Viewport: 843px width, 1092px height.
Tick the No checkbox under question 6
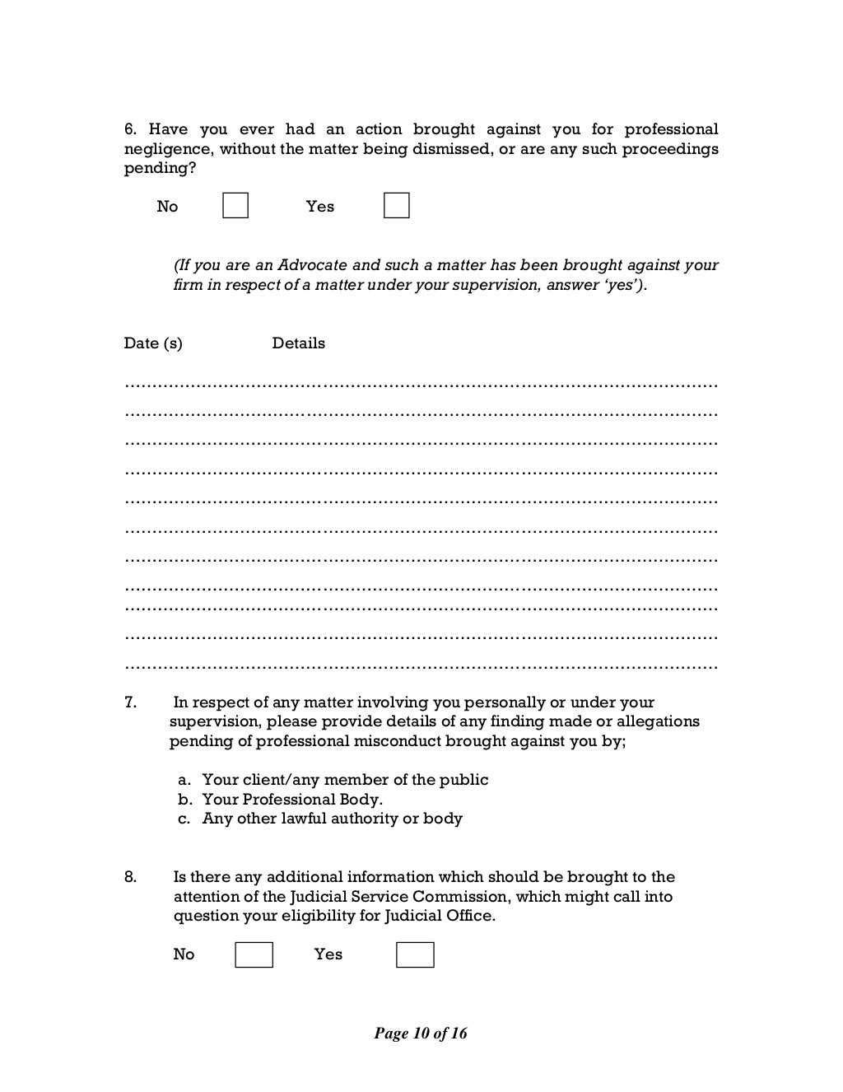(235, 206)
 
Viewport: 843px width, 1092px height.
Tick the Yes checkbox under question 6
(397, 206)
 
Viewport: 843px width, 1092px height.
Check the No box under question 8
(254, 954)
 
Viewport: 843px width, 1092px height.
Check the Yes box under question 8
(415, 954)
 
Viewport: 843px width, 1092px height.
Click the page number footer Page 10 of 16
(421, 1034)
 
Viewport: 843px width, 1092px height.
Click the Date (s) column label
(153, 343)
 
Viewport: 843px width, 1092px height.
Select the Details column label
(298, 343)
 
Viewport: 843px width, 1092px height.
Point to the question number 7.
(130, 702)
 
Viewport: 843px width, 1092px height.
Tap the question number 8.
(130, 877)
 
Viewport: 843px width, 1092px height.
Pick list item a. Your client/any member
(333, 780)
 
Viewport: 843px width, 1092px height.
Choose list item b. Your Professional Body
(281, 799)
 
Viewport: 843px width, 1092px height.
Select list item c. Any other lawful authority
(320, 819)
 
